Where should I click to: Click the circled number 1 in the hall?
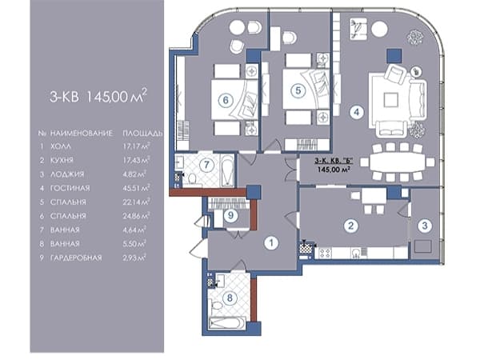(x=271, y=243)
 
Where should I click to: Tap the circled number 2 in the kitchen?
(x=351, y=226)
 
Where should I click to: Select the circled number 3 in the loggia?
(x=425, y=226)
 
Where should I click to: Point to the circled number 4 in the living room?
(x=357, y=112)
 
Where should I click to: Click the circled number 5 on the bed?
(x=298, y=90)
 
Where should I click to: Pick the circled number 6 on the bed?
(x=226, y=100)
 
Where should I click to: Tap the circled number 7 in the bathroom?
(x=206, y=165)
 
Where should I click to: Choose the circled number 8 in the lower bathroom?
(x=230, y=298)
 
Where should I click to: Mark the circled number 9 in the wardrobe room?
(x=230, y=215)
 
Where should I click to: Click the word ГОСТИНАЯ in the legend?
(x=70, y=188)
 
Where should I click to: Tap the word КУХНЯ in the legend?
(x=62, y=160)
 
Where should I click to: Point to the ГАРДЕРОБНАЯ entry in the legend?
(x=76, y=258)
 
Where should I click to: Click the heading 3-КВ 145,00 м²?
(x=98, y=96)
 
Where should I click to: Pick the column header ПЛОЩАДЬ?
(x=142, y=134)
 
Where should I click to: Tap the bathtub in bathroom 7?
(x=227, y=170)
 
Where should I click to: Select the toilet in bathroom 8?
(x=217, y=306)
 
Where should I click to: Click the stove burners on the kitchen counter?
(x=325, y=253)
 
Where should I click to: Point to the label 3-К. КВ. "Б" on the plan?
(x=334, y=161)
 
